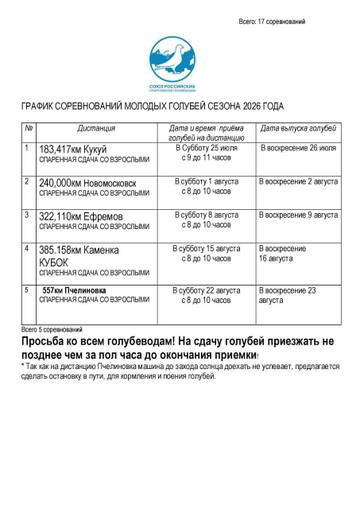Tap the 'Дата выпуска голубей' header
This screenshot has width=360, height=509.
(x=297, y=130)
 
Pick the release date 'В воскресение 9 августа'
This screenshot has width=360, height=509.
(x=298, y=214)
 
